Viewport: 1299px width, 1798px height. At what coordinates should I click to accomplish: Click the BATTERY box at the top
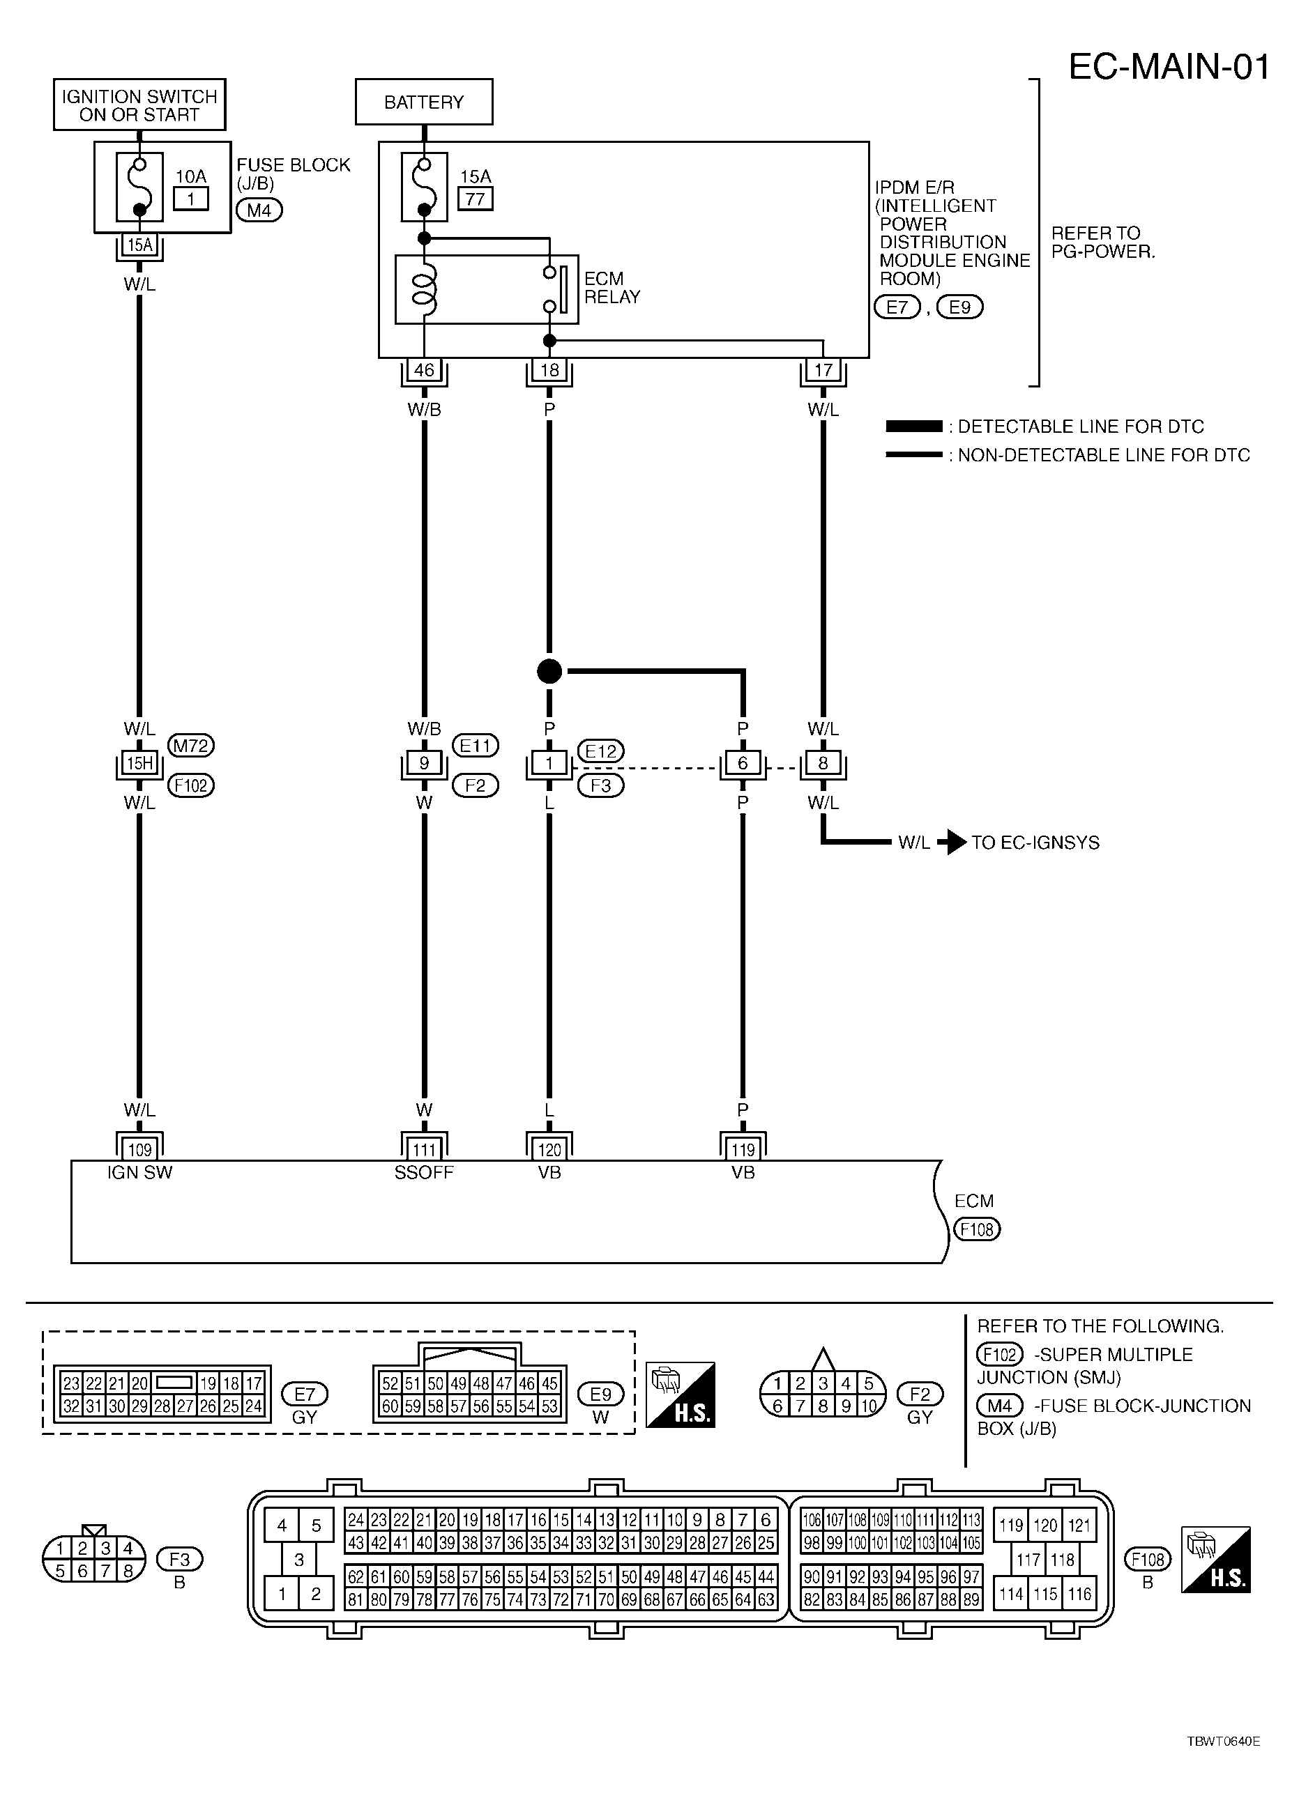pyautogui.click(x=423, y=102)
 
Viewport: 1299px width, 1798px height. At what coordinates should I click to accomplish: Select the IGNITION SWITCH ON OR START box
pyautogui.click(x=139, y=105)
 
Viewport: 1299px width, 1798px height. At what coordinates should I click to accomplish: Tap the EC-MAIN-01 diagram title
pyautogui.click(x=1169, y=68)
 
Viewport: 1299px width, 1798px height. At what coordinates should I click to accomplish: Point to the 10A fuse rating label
pyautogui.click(x=191, y=176)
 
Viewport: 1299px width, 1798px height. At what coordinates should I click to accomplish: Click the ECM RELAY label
pyautogui.click(x=611, y=288)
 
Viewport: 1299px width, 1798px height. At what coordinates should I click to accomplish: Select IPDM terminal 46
pyautogui.click(x=424, y=369)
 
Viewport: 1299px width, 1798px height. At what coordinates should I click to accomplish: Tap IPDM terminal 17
pyautogui.click(x=823, y=369)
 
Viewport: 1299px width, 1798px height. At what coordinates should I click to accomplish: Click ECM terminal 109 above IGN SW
pyautogui.click(x=139, y=1149)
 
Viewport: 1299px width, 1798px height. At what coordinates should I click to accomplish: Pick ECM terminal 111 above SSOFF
pyautogui.click(x=424, y=1149)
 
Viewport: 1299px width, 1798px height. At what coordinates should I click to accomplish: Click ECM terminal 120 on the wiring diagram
pyautogui.click(x=549, y=1149)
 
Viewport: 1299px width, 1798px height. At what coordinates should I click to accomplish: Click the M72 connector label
pyautogui.click(x=191, y=746)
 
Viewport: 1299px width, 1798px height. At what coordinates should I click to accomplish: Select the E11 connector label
pyautogui.click(x=475, y=746)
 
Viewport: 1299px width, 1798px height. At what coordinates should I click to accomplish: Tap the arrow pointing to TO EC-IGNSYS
pyautogui.click(x=952, y=842)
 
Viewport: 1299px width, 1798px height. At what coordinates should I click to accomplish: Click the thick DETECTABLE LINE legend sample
pyautogui.click(x=914, y=427)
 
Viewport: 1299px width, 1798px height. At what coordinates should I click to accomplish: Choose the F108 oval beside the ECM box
pyautogui.click(x=977, y=1229)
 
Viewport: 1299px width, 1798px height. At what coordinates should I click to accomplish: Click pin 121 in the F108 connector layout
pyautogui.click(x=1079, y=1526)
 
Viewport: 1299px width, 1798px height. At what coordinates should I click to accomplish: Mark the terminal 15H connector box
pyautogui.click(x=139, y=763)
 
